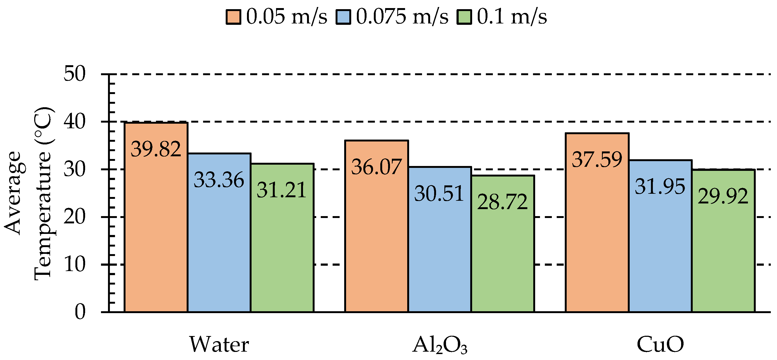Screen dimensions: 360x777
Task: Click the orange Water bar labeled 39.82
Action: coord(156,217)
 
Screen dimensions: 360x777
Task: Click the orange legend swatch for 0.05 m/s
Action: coord(233,17)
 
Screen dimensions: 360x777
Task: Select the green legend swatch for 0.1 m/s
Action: coord(464,17)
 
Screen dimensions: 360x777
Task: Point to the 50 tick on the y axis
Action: coord(75,74)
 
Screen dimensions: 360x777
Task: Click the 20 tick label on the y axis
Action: coord(75,217)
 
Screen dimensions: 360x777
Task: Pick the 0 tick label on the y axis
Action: coord(80,312)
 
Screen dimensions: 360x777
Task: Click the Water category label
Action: coord(219,344)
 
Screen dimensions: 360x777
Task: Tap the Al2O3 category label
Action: coord(440,345)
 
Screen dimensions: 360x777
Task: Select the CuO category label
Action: coord(660,344)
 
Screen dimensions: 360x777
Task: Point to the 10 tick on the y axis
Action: coord(75,265)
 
